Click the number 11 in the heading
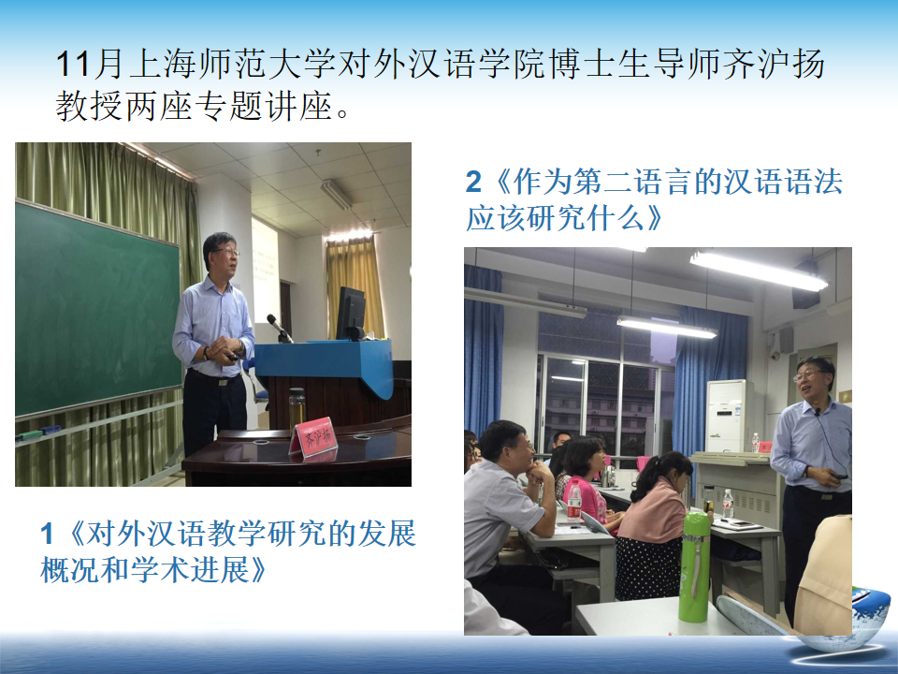(x=73, y=64)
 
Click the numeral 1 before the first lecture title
(x=47, y=535)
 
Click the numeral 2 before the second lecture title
(x=473, y=183)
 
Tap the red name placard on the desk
(x=313, y=438)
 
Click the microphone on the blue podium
(x=280, y=328)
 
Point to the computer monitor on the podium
(x=351, y=314)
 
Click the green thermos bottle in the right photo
(x=694, y=567)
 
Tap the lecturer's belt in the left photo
(x=215, y=377)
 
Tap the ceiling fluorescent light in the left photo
(x=336, y=194)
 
